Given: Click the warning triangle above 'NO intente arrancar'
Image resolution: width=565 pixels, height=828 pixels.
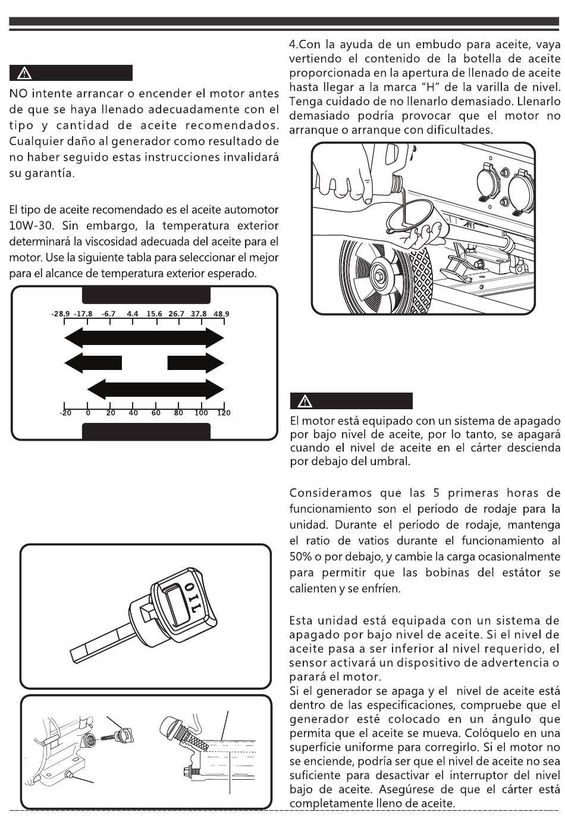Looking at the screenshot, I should [x=24, y=74].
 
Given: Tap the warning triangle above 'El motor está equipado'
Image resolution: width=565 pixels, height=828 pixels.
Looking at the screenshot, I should [x=305, y=401].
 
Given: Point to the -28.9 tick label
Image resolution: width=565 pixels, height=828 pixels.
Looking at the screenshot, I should [x=61, y=313].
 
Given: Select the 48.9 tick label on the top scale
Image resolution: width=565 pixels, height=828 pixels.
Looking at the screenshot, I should [x=221, y=313].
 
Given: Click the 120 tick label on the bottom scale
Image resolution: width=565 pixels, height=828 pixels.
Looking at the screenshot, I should [x=224, y=413].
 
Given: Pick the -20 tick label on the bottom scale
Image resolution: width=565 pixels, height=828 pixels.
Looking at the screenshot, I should [x=65, y=413].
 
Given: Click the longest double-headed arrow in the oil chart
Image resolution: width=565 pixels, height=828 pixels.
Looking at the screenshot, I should [x=144, y=338].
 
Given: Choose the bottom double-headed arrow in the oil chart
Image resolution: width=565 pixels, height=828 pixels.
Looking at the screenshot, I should [x=155, y=390].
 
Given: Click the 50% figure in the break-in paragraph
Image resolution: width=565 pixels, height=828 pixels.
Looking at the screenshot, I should [x=300, y=557].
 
